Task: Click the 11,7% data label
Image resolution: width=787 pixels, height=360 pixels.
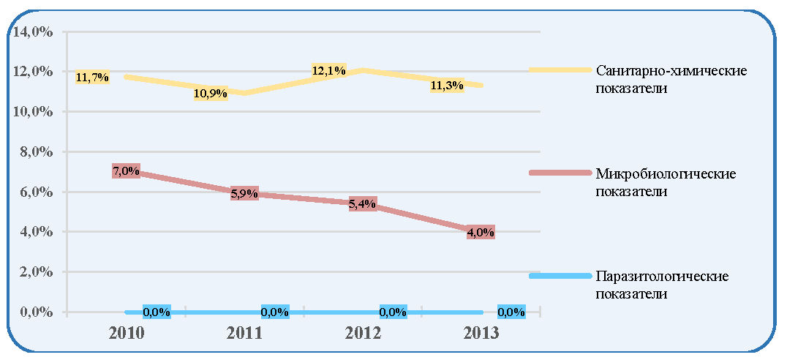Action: (x=92, y=78)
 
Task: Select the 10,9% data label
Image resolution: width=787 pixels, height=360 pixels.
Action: (x=211, y=94)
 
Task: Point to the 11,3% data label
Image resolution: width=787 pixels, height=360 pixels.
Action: (x=447, y=86)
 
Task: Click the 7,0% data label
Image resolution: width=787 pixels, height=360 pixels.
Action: (x=126, y=171)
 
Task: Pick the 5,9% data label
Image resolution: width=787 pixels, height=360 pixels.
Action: (x=244, y=193)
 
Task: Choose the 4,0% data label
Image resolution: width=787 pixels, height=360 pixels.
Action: (x=481, y=233)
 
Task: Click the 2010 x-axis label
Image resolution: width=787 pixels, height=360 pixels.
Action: (x=127, y=334)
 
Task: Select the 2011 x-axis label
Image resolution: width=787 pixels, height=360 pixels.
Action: (x=244, y=334)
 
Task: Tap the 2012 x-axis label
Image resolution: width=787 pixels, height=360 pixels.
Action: (x=362, y=334)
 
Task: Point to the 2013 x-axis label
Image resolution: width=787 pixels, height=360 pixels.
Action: (x=481, y=334)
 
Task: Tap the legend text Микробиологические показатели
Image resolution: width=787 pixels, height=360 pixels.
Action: (x=666, y=183)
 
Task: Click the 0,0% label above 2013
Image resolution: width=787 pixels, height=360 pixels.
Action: (x=511, y=312)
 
